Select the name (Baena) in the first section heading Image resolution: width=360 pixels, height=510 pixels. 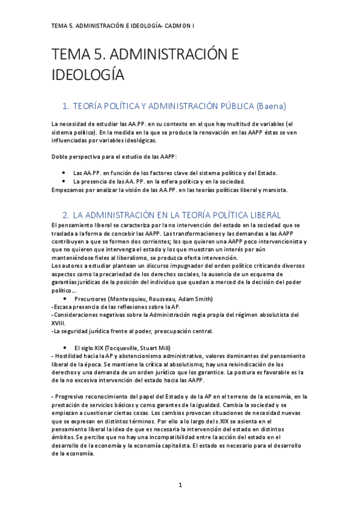271,105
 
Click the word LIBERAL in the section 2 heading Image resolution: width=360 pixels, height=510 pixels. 260,215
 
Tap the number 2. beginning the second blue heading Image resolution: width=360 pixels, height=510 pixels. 66,215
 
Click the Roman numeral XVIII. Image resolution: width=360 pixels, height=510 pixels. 59,323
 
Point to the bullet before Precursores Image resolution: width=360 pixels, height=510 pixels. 64,299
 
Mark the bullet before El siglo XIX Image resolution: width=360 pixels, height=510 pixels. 64,348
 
